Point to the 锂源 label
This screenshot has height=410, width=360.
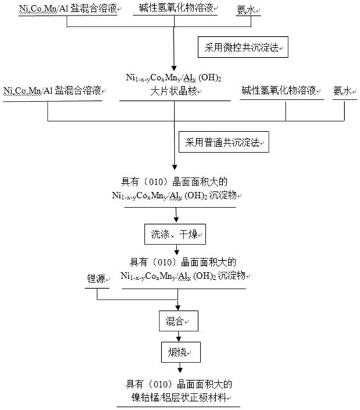[x=96, y=279]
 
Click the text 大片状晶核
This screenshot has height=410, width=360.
[x=173, y=91]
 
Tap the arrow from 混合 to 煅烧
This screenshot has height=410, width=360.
[x=178, y=336]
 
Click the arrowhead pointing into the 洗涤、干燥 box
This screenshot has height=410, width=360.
[x=176, y=220]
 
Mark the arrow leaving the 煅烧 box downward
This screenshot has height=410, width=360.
[x=180, y=367]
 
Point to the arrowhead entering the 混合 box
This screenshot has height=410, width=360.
[x=178, y=307]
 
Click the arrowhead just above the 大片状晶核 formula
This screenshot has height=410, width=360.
[x=174, y=69]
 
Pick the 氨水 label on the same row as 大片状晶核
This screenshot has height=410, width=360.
[x=342, y=91]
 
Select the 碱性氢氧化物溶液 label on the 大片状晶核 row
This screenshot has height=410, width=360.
[x=279, y=91]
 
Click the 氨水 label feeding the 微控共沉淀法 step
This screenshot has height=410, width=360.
[x=246, y=10]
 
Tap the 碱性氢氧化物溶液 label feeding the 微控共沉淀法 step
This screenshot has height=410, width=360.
[x=176, y=8]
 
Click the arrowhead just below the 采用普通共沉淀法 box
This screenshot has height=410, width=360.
[x=175, y=167]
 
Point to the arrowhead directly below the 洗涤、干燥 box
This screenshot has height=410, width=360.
[x=177, y=251]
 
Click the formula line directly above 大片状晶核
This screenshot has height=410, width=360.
[x=173, y=78]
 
